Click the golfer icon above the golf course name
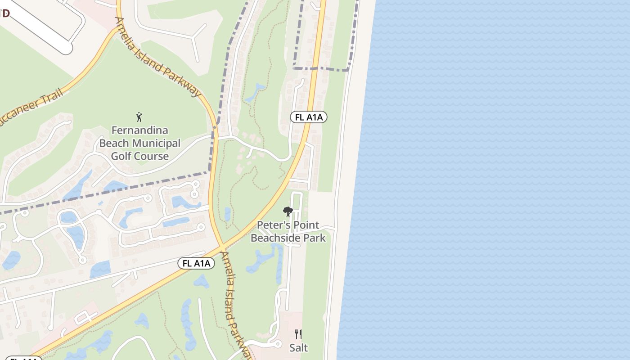[139, 117]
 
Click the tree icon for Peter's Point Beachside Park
[288, 211]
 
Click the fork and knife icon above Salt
[298, 334]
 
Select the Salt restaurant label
[298, 347]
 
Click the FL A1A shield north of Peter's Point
[308, 117]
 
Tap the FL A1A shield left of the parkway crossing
[196, 263]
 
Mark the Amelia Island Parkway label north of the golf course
[157, 57]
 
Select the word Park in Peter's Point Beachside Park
[314, 238]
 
